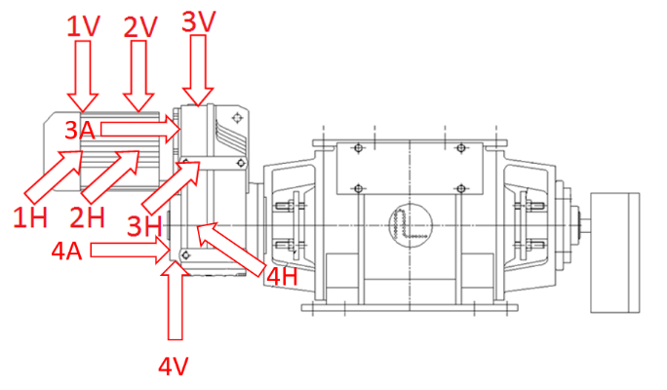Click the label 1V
(84, 27)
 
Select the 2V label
(141, 27)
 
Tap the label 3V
(200, 20)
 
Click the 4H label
(283, 277)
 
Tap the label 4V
(174, 367)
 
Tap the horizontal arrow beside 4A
(127, 253)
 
